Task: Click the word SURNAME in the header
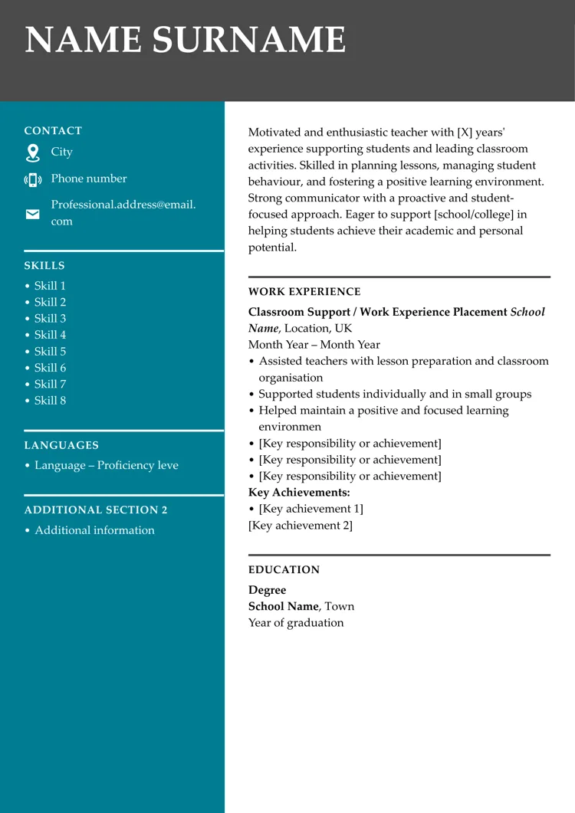248,40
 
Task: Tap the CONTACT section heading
53,131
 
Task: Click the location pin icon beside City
32,152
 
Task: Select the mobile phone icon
32,180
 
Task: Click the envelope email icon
32,214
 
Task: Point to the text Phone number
89,179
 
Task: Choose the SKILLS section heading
44,266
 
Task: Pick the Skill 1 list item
50,286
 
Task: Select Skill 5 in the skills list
50,352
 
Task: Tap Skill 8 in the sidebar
50,401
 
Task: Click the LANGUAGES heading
61,445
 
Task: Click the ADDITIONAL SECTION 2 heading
96,510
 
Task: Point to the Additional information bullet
94,530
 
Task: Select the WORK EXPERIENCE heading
304,292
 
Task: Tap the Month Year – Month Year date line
314,345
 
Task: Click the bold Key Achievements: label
299,493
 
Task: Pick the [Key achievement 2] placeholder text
301,526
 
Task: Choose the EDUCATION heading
284,570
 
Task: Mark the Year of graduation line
296,623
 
